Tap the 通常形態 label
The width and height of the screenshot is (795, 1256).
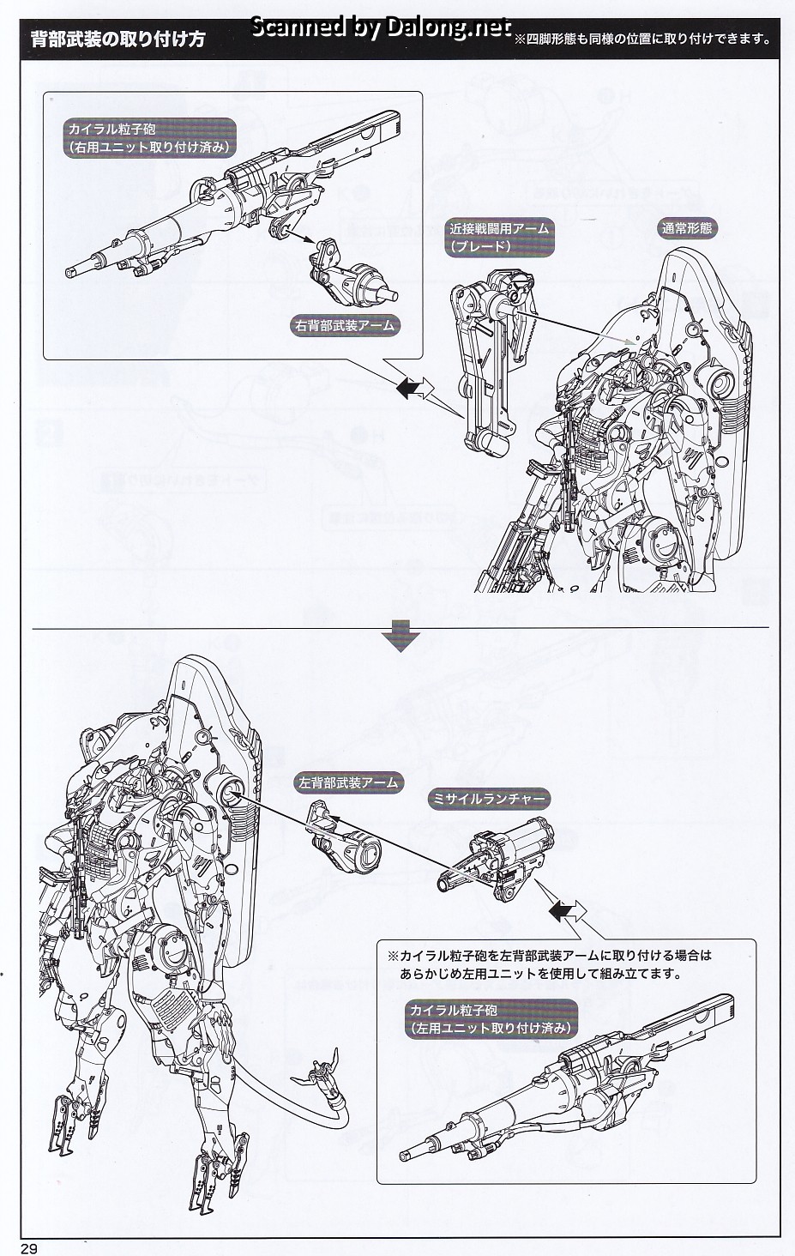tap(686, 229)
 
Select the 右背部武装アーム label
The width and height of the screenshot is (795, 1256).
tap(346, 326)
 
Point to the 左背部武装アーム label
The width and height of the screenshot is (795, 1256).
tap(348, 782)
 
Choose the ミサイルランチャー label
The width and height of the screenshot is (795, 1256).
tap(489, 799)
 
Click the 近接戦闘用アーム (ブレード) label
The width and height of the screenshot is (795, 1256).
tap(498, 238)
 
